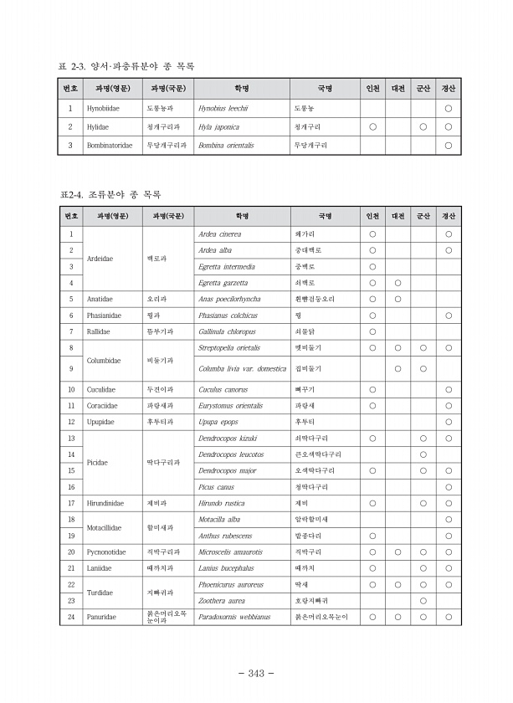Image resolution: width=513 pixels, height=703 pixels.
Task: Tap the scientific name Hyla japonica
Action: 218,126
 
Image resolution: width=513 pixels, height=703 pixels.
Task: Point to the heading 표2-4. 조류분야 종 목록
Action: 110,194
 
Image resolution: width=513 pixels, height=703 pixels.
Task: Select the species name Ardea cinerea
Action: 219,234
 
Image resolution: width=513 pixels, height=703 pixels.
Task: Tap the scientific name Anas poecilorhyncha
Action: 229,299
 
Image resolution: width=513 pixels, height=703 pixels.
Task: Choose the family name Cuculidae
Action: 101,389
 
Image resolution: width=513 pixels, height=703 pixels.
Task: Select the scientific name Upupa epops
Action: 218,422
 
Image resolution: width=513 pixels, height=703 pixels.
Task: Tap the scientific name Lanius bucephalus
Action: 226,568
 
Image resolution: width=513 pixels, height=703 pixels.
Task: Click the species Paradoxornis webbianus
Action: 234,617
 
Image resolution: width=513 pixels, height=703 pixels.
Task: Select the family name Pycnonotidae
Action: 106,552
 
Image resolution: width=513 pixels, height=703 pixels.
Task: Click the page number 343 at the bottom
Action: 256,674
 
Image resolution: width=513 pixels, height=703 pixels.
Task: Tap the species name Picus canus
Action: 216,487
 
